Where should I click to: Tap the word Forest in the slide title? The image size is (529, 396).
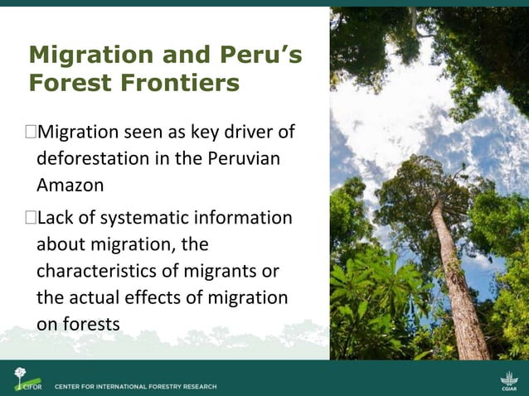click(x=66, y=84)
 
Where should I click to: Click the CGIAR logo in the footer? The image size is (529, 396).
click(x=509, y=380)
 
